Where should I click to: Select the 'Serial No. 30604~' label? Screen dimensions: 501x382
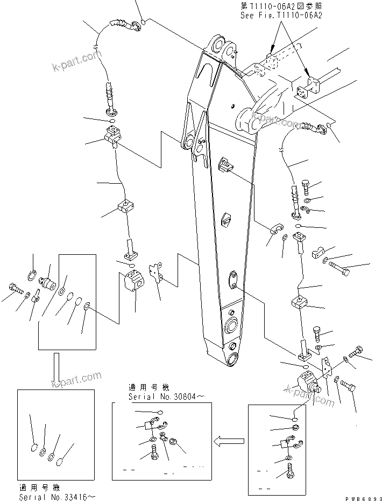159,396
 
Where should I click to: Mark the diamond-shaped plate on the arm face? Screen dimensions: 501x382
227,220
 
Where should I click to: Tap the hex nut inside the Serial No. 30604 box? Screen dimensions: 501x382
174,443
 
